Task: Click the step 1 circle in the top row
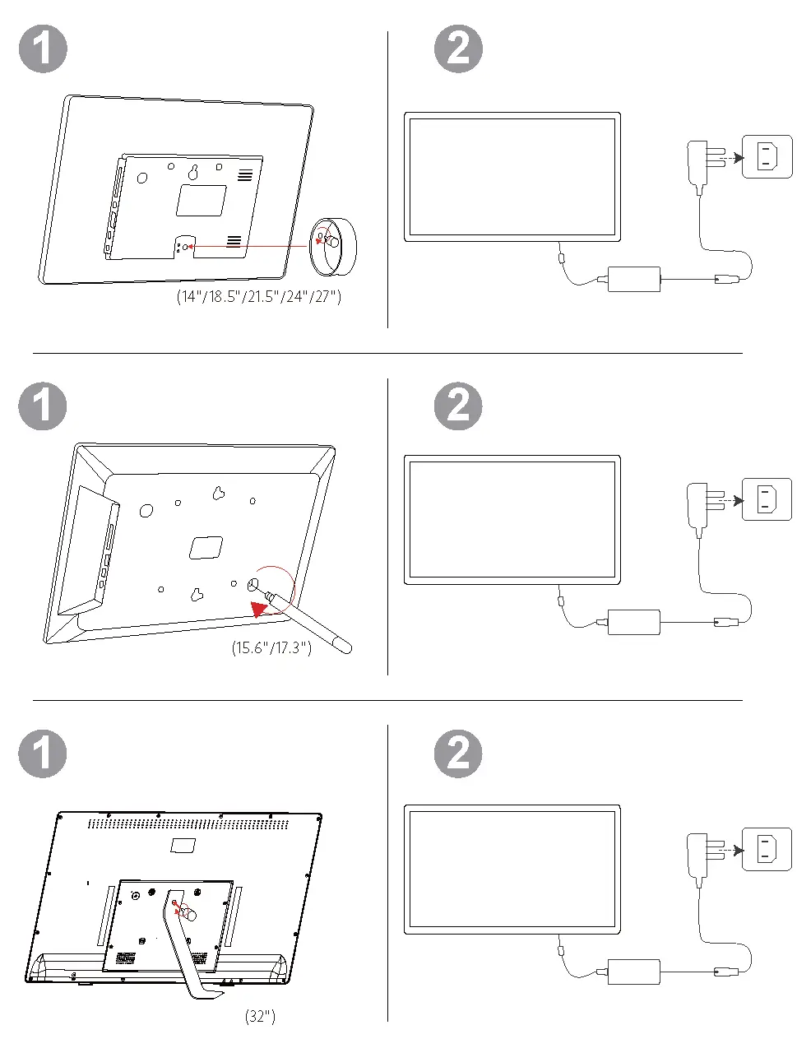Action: pos(43,49)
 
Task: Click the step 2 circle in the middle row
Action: pos(458,406)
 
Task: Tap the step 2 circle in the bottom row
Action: pos(458,754)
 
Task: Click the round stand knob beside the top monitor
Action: pos(333,246)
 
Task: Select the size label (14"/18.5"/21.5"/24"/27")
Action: pos(258,296)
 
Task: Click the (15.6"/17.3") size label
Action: pos(271,648)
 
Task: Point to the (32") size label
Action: pos(260,1017)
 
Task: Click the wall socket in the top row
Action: pos(767,156)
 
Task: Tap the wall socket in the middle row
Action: pos(767,499)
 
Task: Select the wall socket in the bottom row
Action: pos(767,850)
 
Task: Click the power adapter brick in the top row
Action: pos(633,279)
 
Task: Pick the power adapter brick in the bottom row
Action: pos(633,972)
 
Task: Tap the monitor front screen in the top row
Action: pos(512,177)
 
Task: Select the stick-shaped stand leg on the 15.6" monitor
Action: pos(317,626)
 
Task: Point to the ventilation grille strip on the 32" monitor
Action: pos(188,823)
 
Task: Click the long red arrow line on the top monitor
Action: pos(247,245)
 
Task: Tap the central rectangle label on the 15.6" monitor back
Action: pos(206,548)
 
